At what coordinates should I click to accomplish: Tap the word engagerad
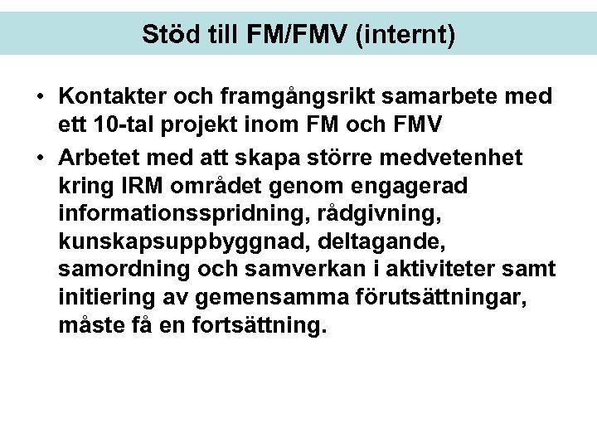click(404, 187)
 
